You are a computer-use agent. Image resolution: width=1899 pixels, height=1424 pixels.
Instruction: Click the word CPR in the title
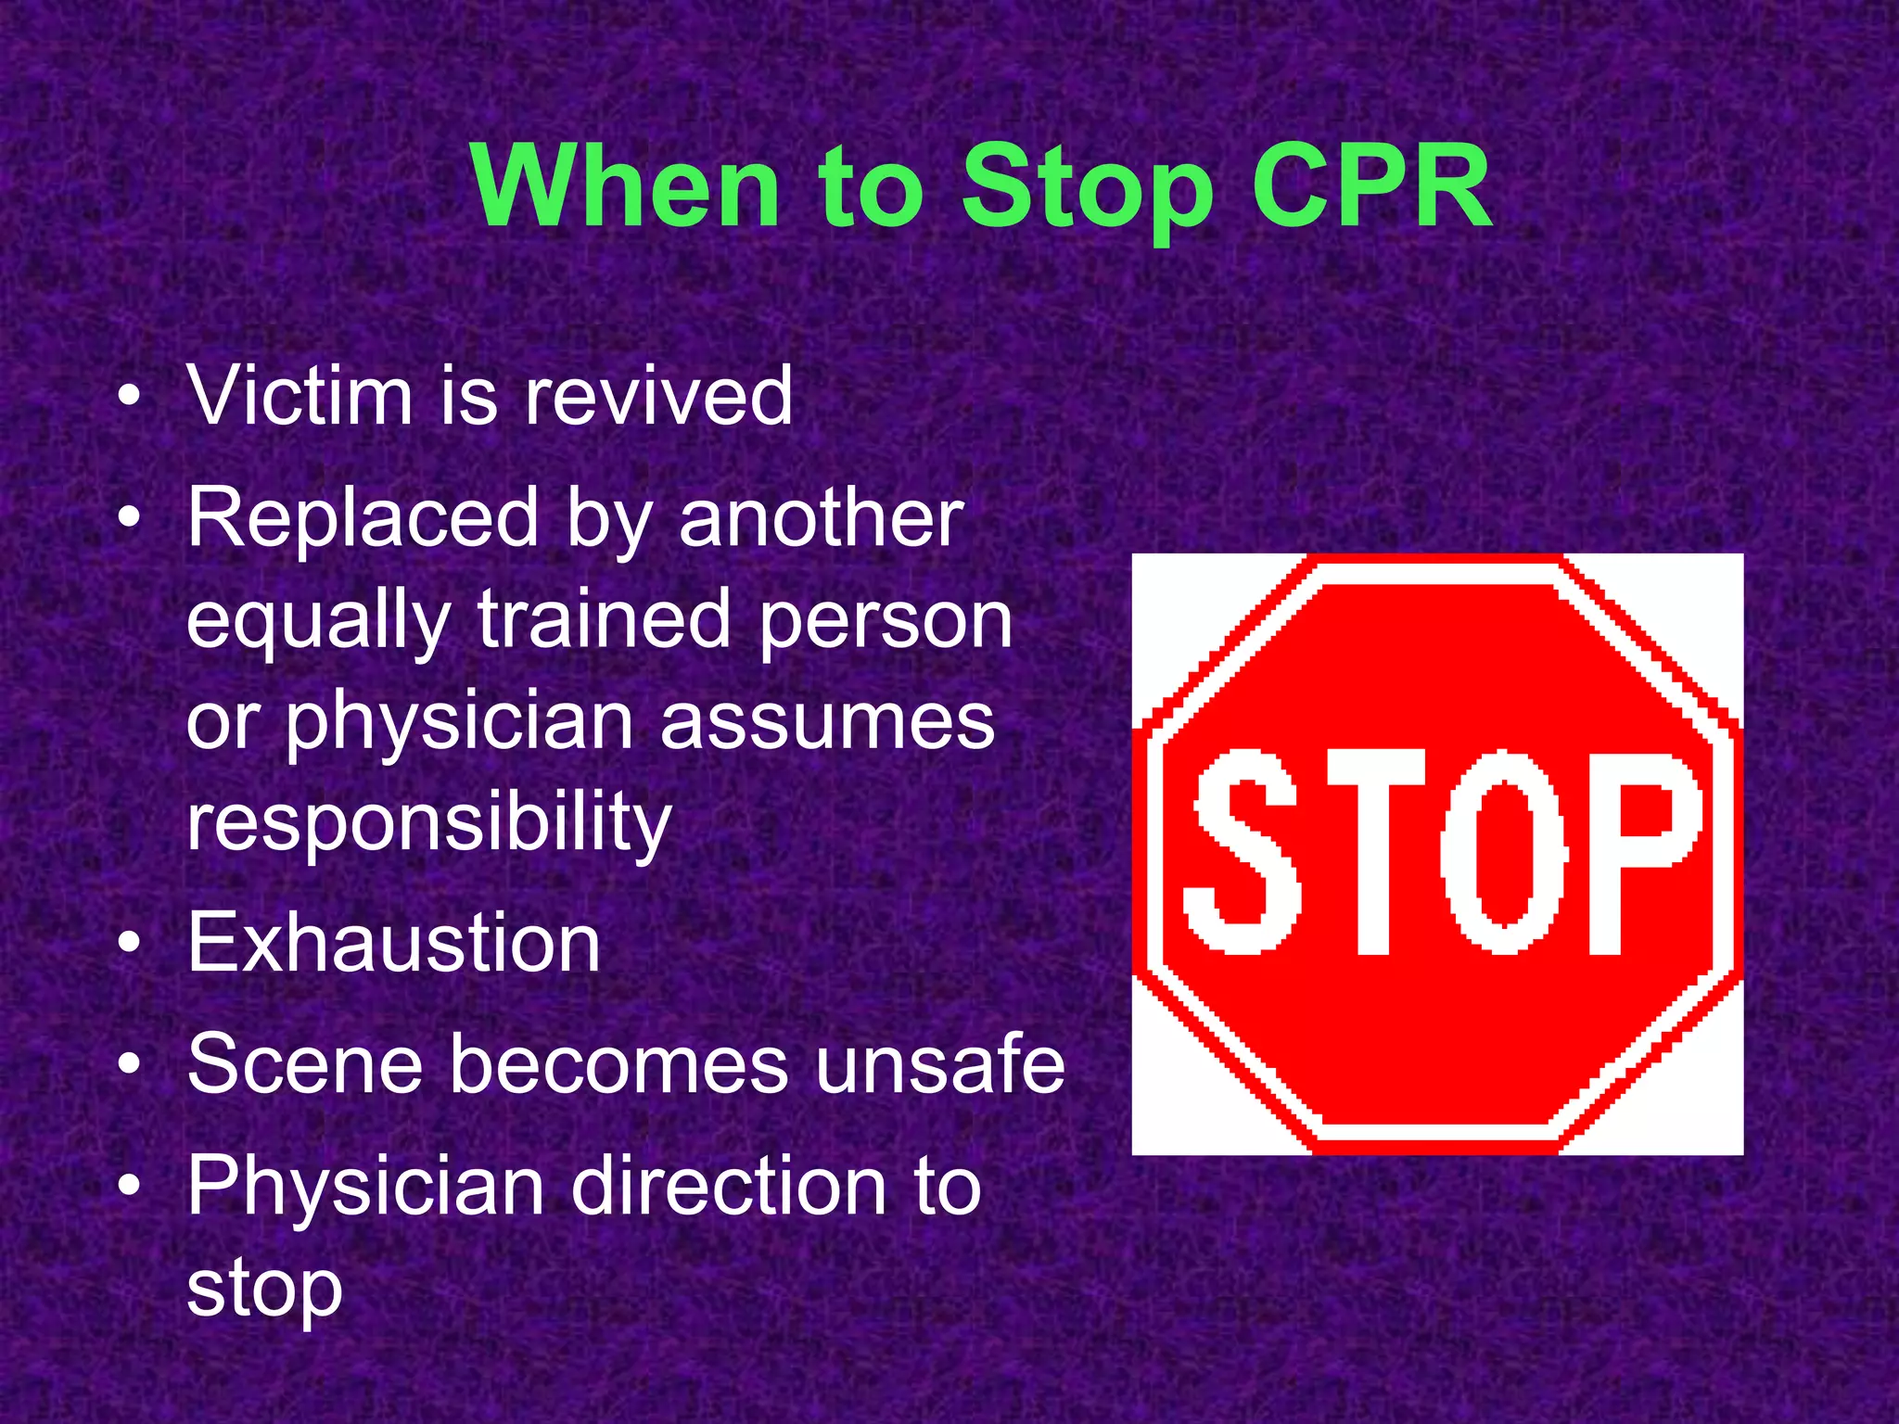click(x=1370, y=188)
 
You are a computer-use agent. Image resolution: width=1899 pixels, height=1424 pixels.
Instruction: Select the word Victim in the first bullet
click(x=300, y=396)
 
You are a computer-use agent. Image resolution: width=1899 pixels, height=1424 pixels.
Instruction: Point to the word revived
click(x=658, y=396)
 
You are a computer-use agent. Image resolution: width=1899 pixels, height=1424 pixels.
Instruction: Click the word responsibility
click(x=428, y=822)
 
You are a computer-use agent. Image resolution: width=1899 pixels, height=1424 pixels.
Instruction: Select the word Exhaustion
click(x=394, y=943)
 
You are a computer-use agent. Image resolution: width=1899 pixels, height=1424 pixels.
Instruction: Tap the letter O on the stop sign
click(x=1503, y=851)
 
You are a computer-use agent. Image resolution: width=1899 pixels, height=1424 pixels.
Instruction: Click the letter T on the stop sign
click(x=1374, y=851)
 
